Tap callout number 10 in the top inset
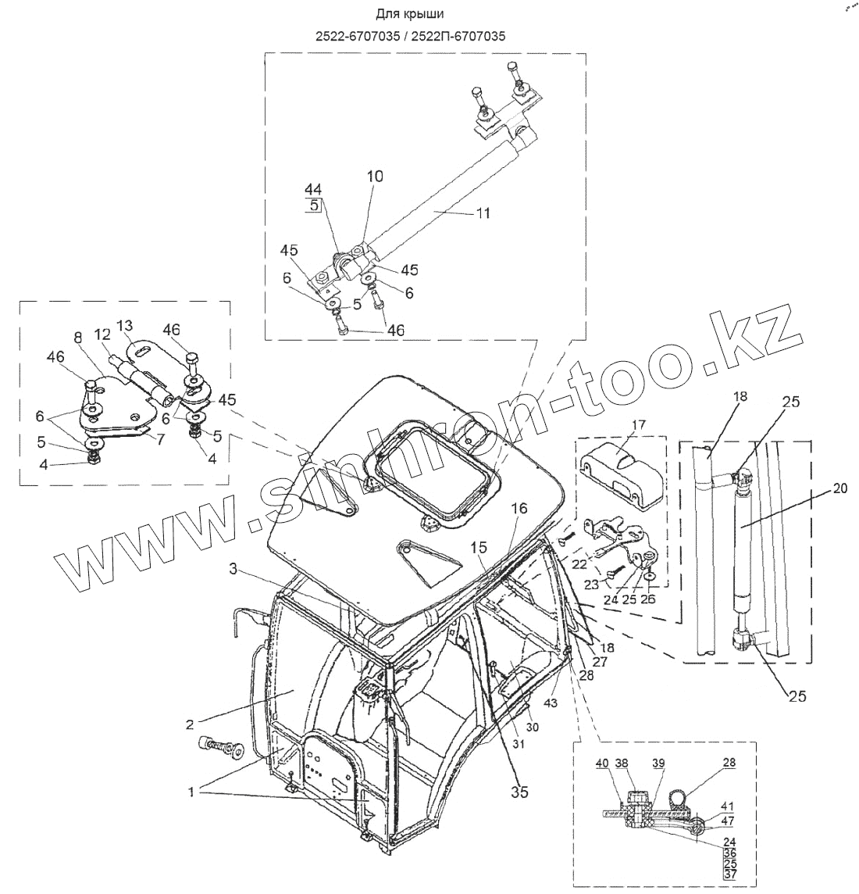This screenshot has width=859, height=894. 375,177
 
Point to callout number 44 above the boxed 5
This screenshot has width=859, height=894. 313,189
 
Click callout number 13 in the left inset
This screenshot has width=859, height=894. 126,325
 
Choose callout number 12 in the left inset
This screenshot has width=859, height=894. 102,334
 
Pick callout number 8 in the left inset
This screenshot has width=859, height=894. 77,338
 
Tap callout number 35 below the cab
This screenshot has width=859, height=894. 519,792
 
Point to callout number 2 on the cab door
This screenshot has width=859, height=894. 189,724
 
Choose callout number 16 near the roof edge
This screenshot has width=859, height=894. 519,509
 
